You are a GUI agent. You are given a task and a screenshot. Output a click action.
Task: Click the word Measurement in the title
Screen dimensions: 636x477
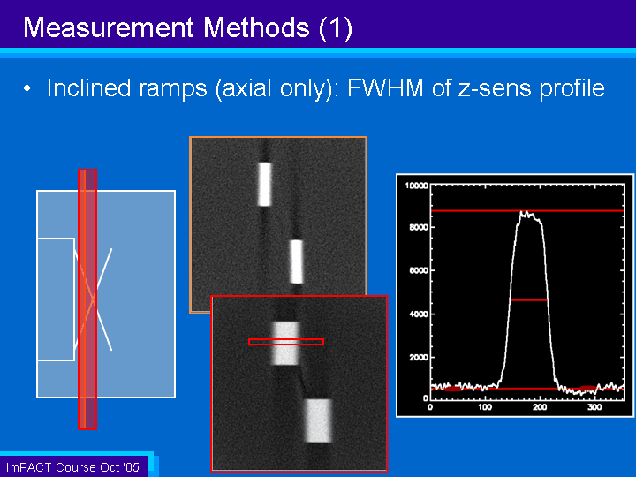(109, 27)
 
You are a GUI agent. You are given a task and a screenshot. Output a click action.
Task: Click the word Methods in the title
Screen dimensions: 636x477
(256, 27)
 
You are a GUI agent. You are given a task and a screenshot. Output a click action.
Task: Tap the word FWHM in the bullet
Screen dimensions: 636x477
(385, 88)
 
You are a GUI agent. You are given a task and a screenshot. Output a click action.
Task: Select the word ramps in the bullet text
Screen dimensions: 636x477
(173, 89)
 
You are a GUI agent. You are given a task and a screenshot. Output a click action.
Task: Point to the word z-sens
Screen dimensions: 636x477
(495, 88)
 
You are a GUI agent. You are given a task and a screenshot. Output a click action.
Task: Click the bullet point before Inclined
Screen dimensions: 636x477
(27, 88)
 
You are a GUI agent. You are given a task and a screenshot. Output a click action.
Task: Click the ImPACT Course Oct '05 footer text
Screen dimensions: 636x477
(72, 467)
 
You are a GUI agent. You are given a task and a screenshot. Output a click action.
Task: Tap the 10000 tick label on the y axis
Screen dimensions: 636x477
(417, 185)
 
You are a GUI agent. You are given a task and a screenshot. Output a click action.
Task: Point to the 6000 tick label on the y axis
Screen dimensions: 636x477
(419, 270)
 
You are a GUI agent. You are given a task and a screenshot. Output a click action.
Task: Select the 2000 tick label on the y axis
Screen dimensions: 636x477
(419, 358)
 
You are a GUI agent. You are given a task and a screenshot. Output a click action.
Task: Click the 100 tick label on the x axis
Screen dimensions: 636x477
(485, 407)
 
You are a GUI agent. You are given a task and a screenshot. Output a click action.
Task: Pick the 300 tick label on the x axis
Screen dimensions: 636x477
(594, 407)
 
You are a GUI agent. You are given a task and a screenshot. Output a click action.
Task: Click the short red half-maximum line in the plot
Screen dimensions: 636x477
(528, 300)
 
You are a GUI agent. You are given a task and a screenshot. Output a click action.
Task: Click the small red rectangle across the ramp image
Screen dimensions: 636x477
(286, 342)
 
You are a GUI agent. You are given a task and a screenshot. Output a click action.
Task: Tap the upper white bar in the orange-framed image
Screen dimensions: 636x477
(264, 184)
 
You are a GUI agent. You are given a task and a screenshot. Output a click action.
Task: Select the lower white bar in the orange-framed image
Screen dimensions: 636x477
(297, 261)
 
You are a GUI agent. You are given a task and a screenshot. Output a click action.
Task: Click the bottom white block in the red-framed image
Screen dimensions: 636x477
(318, 420)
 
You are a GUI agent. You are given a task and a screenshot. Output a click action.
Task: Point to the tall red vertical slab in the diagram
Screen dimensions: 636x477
(87, 299)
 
